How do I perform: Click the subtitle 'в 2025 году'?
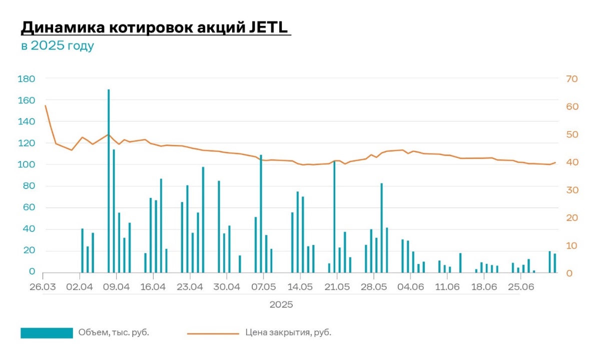coord(57,46)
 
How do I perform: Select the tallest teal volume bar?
coord(109,180)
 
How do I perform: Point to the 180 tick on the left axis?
coord(26,79)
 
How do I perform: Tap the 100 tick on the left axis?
coord(26,165)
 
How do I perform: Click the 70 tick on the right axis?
coord(572,79)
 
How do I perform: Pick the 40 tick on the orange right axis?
coord(572,162)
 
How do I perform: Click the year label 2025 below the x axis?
coord(281,304)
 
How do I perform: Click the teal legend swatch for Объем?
coord(47,333)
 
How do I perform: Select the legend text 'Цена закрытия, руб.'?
coord(288,332)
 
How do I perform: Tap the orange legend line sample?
coord(213,333)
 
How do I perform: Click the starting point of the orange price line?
coord(46,105)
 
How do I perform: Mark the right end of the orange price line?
coord(555,162)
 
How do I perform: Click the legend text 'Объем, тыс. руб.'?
coord(114,332)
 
